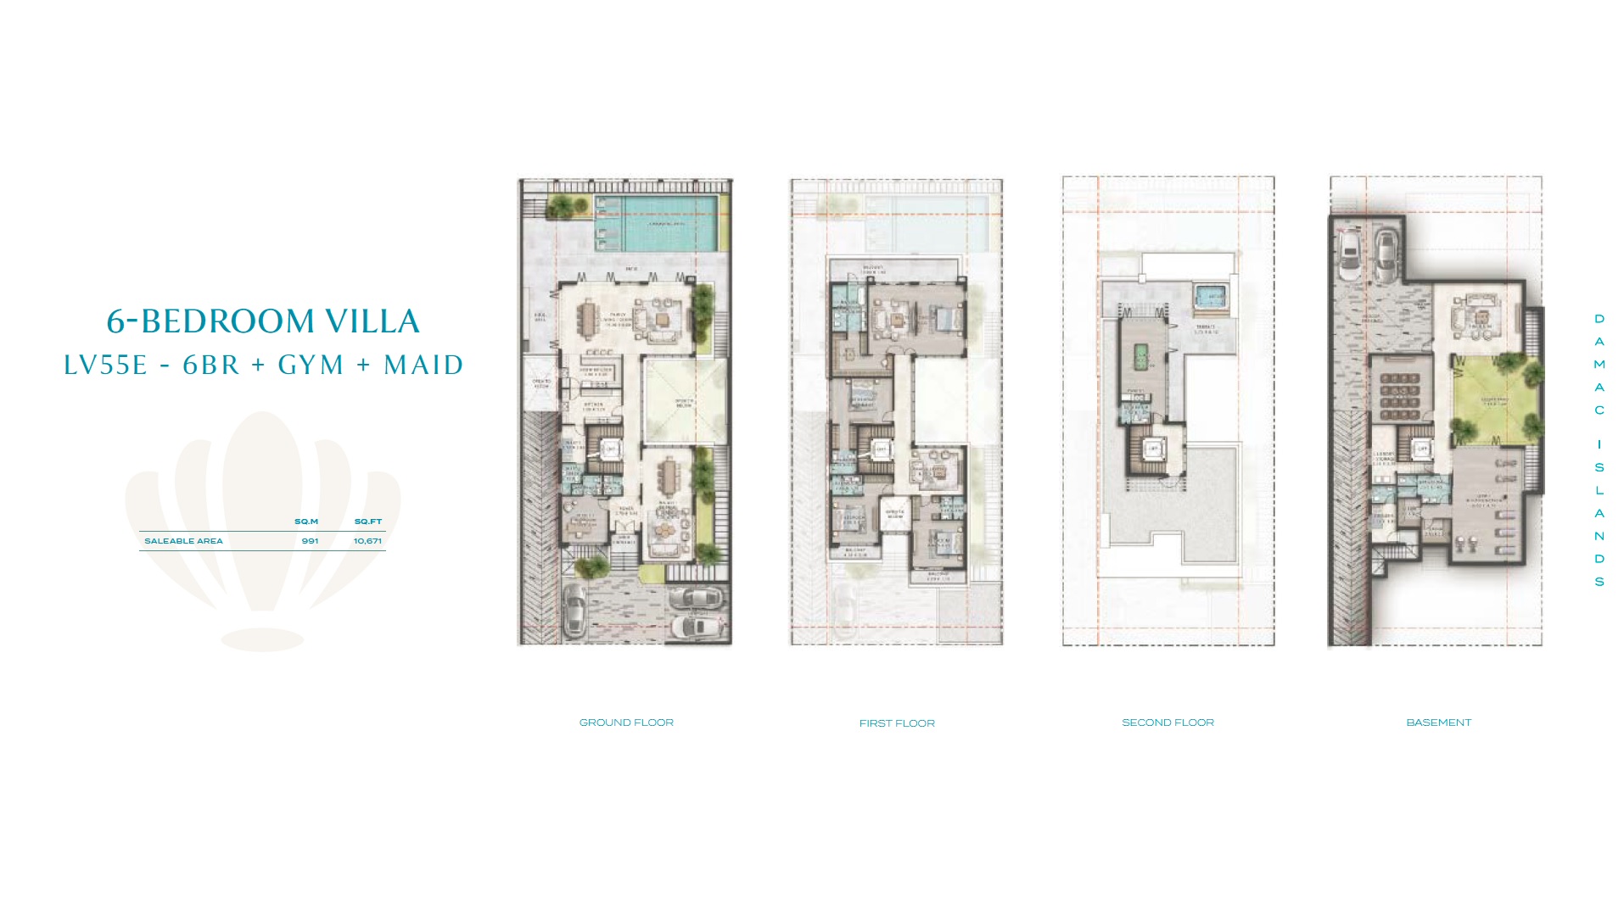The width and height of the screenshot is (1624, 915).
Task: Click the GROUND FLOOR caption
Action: tap(626, 723)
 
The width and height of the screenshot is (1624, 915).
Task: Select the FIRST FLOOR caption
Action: tap(897, 723)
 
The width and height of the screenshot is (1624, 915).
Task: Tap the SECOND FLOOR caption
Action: tap(1168, 723)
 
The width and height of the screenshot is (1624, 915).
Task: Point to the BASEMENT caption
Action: tap(1438, 723)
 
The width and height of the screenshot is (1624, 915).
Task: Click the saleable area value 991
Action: tap(310, 541)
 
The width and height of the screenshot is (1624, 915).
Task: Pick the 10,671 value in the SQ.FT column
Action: tap(367, 541)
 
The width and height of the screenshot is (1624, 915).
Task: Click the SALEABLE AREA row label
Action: tap(183, 541)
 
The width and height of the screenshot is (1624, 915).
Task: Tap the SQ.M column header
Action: tap(306, 522)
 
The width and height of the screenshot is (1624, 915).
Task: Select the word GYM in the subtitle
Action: tap(311, 365)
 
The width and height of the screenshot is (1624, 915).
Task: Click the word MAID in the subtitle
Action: tap(423, 365)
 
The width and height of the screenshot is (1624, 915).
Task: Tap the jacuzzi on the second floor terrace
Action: tap(1210, 296)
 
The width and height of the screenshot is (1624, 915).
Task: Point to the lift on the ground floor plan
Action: tap(609, 449)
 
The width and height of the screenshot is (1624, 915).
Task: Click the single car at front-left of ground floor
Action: tap(574, 605)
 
